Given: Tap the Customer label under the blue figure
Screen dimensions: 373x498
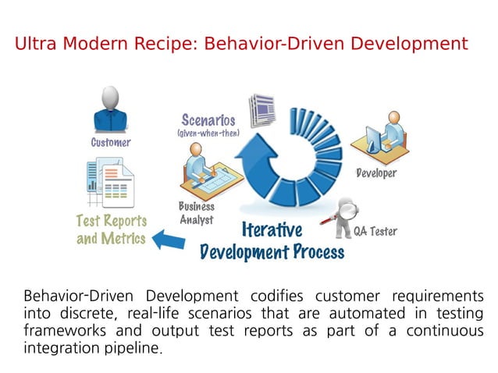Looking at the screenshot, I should [111, 143].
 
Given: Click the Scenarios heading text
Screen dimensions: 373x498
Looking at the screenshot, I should [208, 120].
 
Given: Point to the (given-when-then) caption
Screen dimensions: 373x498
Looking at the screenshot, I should [208, 133].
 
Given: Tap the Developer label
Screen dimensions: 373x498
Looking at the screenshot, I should [376, 173].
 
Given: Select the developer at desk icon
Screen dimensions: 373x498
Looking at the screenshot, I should [378, 137].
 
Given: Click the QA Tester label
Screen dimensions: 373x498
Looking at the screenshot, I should [375, 232].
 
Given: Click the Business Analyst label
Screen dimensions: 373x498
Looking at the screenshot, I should [196, 213].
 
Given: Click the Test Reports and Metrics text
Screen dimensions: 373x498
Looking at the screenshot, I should [111, 230].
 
